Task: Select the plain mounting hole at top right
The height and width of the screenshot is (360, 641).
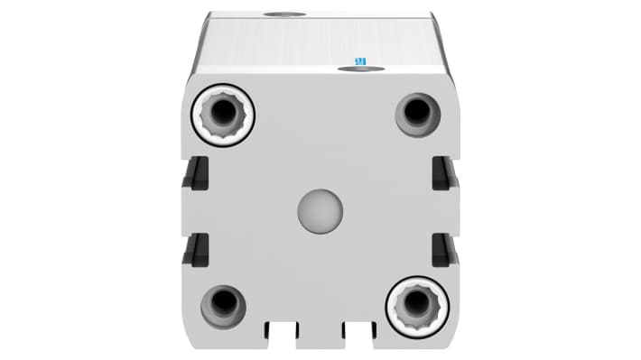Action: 418,113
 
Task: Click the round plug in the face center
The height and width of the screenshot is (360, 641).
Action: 320,211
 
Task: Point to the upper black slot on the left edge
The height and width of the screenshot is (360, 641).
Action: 196,173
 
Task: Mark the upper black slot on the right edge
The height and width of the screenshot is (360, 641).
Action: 445,173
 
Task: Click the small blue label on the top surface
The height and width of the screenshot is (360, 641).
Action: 360,60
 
